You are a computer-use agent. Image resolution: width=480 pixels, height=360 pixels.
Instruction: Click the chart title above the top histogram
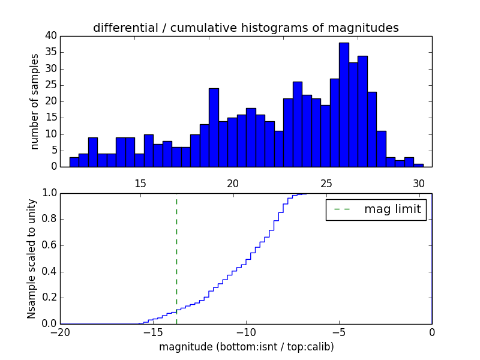pos(245,28)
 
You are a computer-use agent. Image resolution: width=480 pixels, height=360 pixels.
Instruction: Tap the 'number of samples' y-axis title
pos(35,101)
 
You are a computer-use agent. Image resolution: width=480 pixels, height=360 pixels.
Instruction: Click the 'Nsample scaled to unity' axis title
pos(31,258)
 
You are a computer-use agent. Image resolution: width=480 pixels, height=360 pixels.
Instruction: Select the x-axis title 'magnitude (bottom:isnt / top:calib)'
pos(246,347)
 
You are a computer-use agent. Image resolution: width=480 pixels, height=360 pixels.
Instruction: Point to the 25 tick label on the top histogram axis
pos(326,183)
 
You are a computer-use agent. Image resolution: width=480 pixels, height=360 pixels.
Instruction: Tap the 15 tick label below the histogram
pos(140,183)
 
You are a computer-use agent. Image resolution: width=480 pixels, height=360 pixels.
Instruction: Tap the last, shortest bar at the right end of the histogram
pos(418,165)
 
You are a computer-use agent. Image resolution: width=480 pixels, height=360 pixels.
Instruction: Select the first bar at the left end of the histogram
pos(74,162)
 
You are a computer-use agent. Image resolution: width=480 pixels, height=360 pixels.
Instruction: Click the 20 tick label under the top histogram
pos(233,183)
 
